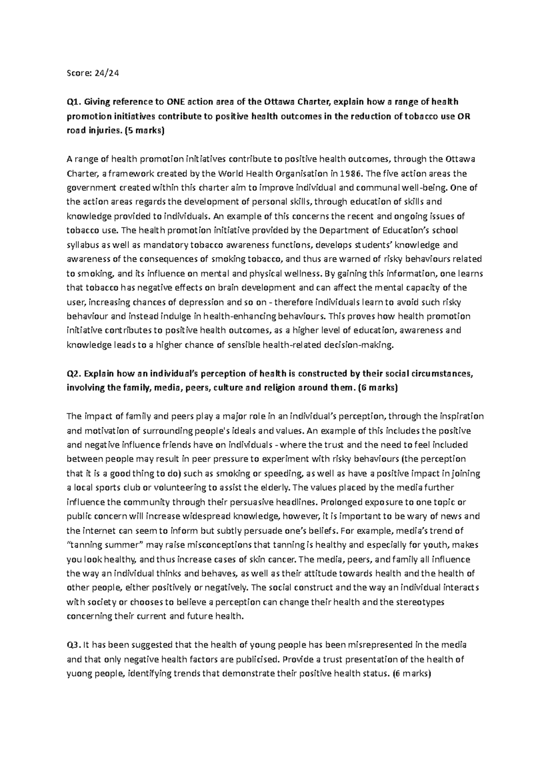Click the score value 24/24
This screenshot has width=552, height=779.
107,73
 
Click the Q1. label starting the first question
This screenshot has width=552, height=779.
74,102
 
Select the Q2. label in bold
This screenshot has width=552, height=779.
74,373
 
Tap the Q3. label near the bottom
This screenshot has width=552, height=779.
74,645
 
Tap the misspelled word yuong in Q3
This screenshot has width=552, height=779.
78,674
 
